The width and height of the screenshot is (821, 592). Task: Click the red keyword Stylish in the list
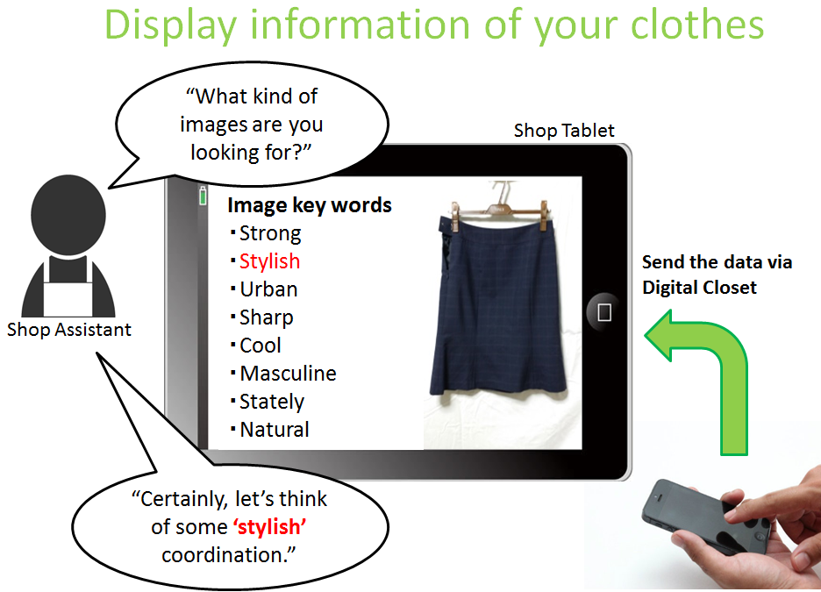point(269,262)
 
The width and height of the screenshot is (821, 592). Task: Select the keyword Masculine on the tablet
point(288,374)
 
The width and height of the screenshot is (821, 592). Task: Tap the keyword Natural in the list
point(275,430)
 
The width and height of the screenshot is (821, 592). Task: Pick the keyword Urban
point(268,289)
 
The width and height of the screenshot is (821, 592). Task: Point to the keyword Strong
point(270,234)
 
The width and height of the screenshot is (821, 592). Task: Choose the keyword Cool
point(261,346)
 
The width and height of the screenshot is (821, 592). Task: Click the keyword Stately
point(272,403)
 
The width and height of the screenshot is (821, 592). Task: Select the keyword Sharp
point(267,318)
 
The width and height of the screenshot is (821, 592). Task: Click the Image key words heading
point(310,205)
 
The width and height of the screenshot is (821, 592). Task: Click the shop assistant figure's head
point(68,215)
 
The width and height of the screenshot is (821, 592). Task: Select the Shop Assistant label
point(69,330)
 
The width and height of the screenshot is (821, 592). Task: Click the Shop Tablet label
point(564,131)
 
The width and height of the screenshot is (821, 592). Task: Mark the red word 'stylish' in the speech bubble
point(269,527)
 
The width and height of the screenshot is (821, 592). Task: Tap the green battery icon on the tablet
point(203,196)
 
